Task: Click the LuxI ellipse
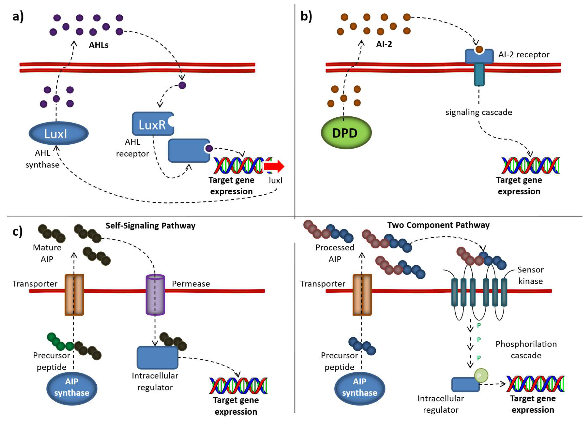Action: coord(58,133)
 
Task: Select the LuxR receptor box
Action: coord(153,124)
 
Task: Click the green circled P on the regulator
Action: coord(481,375)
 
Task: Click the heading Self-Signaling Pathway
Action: coord(150,226)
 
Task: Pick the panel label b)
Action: coord(306,17)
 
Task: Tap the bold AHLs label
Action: coord(99,45)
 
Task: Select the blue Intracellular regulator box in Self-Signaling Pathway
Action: coord(157,357)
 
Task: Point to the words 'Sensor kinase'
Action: coord(530,275)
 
